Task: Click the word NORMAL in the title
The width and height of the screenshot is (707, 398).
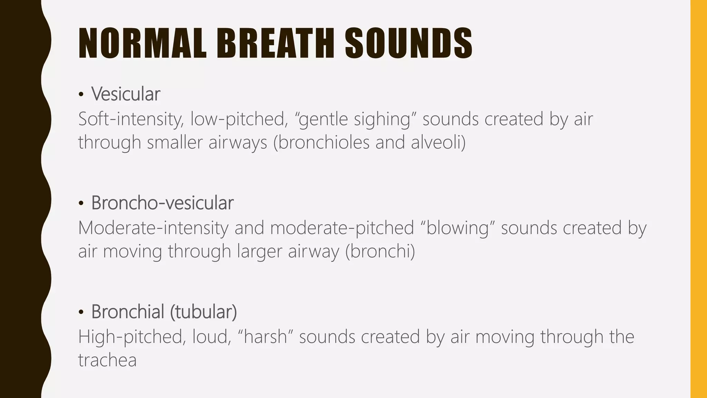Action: click(x=143, y=44)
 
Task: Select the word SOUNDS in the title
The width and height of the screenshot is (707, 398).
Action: click(x=409, y=44)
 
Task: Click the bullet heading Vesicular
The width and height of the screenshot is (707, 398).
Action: click(x=126, y=94)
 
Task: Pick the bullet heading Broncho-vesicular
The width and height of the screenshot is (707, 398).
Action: click(x=162, y=203)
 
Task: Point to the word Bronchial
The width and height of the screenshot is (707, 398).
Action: click(x=128, y=312)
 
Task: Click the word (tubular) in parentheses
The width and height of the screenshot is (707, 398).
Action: click(x=203, y=312)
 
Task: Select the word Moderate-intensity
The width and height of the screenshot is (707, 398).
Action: click(x=153, y=228)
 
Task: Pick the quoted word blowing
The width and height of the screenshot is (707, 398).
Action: click(x=458, y=228)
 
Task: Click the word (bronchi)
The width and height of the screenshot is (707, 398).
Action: click(x=380, y=251)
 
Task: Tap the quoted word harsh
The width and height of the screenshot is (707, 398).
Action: click(x=265, y=337)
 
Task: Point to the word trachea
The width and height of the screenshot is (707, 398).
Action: click(x=107, y=360)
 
